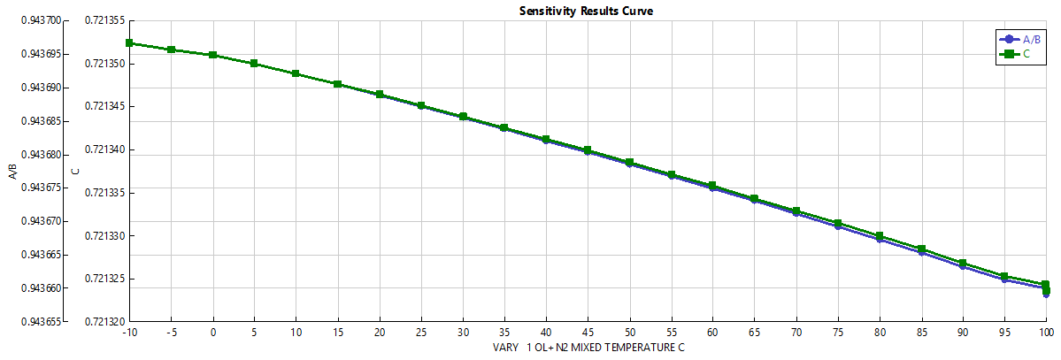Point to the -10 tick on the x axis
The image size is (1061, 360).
(x=130, y=333)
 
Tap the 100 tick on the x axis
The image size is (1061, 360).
(x=1045, y=333)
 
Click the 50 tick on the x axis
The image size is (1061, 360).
(x=629, y=333)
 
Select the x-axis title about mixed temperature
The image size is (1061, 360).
(x=588, y=348)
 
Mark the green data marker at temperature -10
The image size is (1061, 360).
(x=129, y=42)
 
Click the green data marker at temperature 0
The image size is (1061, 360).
(x=213, y=55)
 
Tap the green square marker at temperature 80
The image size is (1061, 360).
(x=879, y=236)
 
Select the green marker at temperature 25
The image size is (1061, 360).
(x=421, y=105)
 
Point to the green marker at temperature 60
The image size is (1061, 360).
(x=712, y=186)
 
